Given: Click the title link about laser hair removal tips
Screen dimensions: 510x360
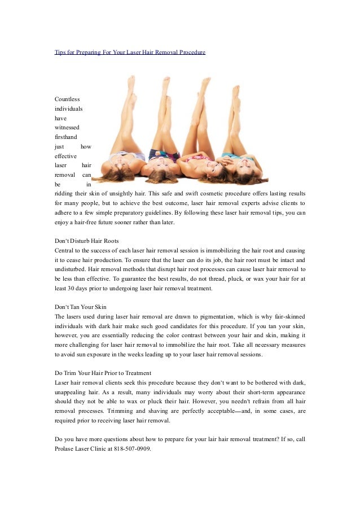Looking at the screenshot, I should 130,52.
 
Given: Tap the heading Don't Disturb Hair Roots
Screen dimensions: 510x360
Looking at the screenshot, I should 86,241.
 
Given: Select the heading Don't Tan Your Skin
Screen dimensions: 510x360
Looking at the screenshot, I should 81,307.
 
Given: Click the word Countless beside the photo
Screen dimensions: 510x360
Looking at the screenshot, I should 67,99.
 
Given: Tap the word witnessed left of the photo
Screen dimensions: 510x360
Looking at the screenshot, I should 66,128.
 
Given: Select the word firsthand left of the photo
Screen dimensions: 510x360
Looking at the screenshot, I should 66,137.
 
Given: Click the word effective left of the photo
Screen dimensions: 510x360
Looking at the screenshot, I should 65,156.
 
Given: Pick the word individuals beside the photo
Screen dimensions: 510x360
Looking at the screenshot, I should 68,108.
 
